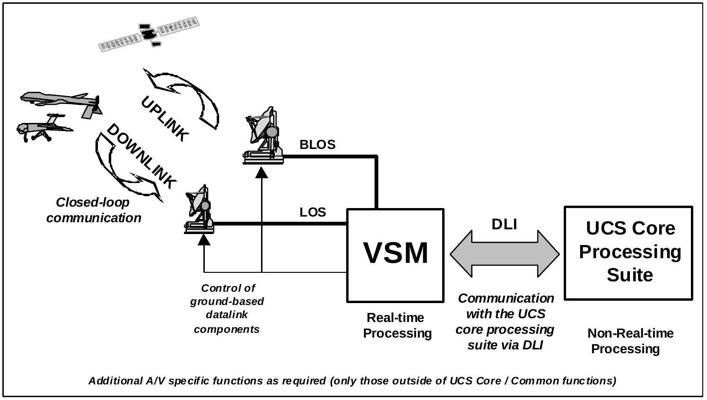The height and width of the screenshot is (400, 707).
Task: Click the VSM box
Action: click(x=395, y=255)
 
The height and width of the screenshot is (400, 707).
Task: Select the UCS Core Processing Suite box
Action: click(x=628, y=252)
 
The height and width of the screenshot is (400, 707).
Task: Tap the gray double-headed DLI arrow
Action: click(x=505, y=253)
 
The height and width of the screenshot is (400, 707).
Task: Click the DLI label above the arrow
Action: click(x=504, y=224)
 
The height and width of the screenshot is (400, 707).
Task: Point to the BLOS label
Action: click(x=317, y=145)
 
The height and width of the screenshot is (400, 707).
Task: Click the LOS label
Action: click(x=313, y=212)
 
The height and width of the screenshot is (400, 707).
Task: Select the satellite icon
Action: click(x=148, y=34)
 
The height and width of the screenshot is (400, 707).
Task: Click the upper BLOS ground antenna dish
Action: click(x=263, y=135)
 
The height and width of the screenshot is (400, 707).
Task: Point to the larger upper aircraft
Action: click(x=61, y=102)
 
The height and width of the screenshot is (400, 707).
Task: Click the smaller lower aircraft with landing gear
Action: click(x=44, y=128)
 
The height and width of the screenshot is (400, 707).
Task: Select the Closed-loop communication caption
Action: click(x=93, y=210)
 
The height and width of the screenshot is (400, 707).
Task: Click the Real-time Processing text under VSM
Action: click(x=397, y=325)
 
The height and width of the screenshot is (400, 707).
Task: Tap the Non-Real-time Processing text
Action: click(x=629, y=341)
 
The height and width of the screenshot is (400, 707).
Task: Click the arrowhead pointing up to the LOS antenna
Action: click(x=204, y=240)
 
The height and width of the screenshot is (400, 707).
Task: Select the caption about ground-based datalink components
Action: click(x=227, y=308)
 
